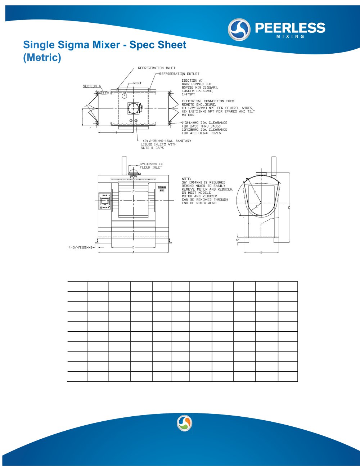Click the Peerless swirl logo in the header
(x=239, y=30)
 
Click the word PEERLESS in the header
(x=290, y=28)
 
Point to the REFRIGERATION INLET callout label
(x=157, y=68)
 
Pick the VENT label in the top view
(x=137, y=83)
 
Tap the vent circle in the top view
(x=124, y=96)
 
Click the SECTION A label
(x=92, y=86)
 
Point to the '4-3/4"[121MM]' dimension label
(x=80, y=248)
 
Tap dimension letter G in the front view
(x=133, y=247)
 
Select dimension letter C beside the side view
(x=289, y=208)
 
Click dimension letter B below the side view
(x=261, y=252)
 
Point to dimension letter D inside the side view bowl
(x=255, y=192)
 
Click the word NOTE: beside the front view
(x=186, y=179)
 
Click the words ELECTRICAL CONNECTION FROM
(x=208, y=101)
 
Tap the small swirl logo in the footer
(x=185, y=423)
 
